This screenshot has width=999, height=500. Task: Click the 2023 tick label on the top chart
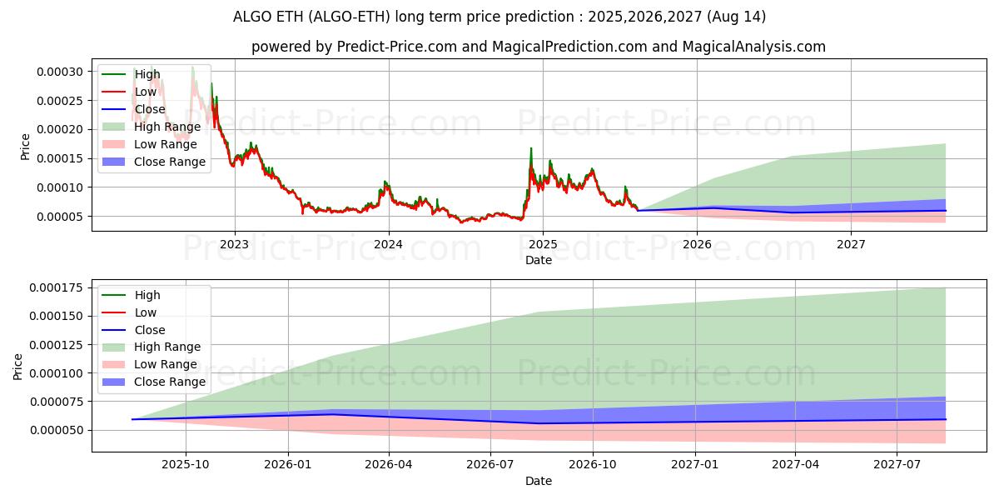tap(234, 244)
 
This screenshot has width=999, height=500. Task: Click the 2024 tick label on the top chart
tap(388, 244)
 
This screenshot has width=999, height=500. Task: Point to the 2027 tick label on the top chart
tap(851, 244)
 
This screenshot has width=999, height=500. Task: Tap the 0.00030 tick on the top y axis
tap(60, 72)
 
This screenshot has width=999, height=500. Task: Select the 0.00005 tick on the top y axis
tap(60, 217)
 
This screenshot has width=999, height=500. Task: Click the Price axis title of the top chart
tap(25, 147)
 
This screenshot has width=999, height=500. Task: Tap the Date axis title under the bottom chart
tap(538, 481)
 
